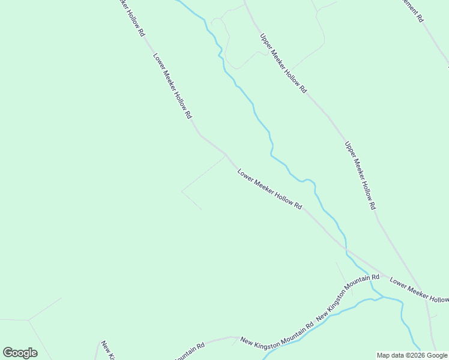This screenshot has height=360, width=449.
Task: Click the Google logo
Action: (x=20, y=353)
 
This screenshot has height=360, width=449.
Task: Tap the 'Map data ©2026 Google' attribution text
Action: (x=412, y=355)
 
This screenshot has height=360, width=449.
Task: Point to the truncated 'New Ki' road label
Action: (x=106, y=349)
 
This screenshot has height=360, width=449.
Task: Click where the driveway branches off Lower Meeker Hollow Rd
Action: (x=225, y=155)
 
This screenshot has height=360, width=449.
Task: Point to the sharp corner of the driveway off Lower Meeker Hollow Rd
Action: (x=182, y=191)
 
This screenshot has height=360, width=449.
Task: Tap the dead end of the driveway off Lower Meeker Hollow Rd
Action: (x=201, y=209)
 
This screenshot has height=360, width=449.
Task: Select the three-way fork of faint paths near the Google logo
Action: (x=29, y=320)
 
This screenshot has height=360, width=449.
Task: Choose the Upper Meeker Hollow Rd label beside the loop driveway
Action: (x=283, y=63)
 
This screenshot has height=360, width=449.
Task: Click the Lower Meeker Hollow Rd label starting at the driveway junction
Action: (x=269, y=189)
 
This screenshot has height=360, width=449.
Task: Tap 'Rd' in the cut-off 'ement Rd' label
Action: (x=421, y=18)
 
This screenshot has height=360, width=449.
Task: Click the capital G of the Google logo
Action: (x=8, y=353)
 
